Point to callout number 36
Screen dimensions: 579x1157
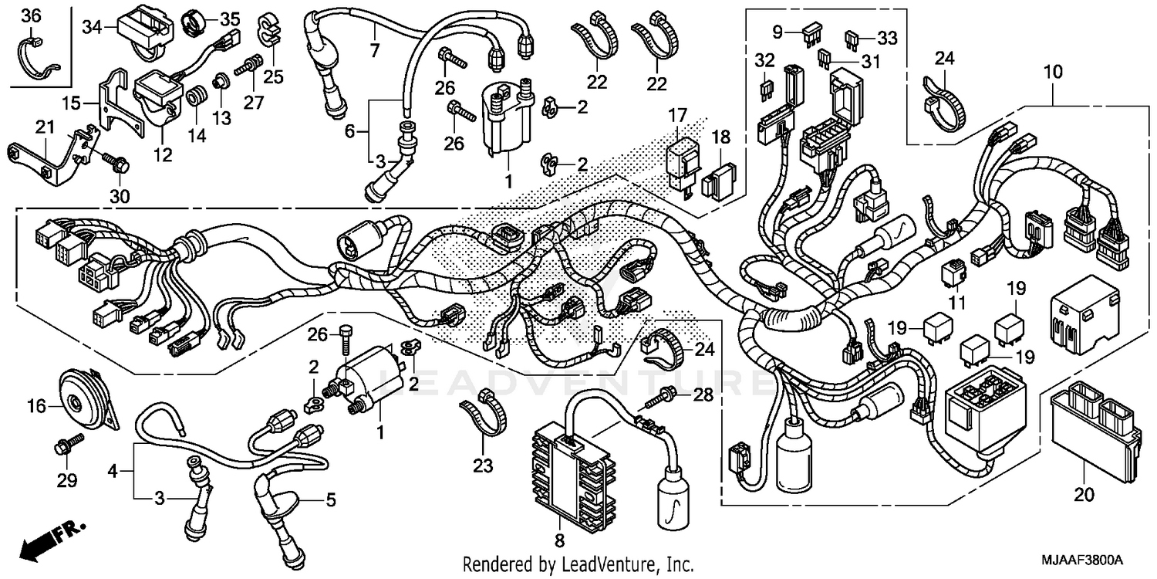point(29,15)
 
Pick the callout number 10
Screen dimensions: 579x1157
point(1053,73)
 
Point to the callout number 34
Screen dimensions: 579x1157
point(92,27)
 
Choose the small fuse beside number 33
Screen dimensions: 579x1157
point(851,37)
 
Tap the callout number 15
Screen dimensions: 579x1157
point(71,102)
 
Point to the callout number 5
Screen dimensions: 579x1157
point(330,500)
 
